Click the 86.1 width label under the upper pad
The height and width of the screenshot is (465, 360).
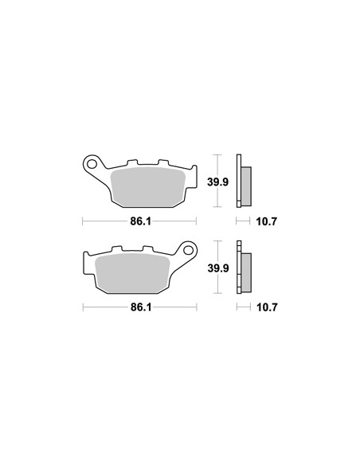pos(140,221)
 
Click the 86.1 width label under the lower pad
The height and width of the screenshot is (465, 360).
pos(141,307)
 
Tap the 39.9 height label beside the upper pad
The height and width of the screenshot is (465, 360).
pos(218,182)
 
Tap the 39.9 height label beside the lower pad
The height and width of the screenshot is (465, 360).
pos(218,268)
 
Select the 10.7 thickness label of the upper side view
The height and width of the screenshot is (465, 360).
pos(266,221)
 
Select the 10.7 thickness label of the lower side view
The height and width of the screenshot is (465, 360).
pos(267,307)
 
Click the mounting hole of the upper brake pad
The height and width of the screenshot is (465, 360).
pos(92,164)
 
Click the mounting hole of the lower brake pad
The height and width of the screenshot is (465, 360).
pos(188,250)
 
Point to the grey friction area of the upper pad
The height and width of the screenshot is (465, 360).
pos(147,187)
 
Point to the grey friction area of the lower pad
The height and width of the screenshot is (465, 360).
pos(132,273)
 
